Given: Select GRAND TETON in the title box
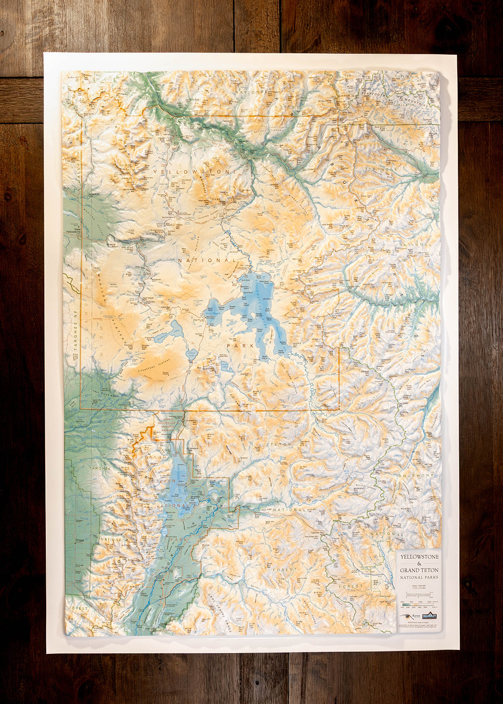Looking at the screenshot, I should pos(419,570).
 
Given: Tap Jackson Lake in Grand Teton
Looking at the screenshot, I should pos(181,484).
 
